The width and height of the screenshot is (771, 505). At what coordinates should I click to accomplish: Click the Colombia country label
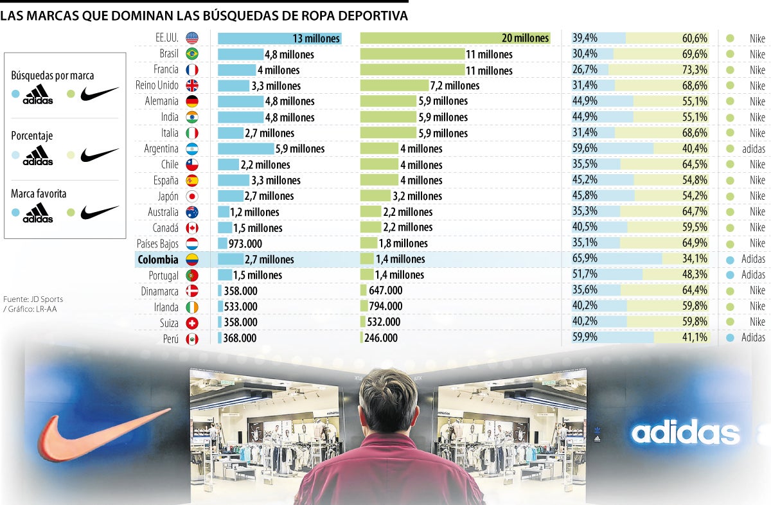tap(157, 260)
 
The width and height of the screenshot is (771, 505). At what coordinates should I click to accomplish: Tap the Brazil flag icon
tap(191, 54)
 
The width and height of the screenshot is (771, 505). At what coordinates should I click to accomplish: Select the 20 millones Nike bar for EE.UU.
tap(455, 39)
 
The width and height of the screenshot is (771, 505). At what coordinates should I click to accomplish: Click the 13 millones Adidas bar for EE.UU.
tap(279, 39)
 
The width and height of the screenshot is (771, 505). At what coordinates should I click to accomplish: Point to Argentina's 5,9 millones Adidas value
tap(300, 149)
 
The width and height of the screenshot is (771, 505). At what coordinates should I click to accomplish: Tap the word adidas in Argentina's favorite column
tap(753, 149)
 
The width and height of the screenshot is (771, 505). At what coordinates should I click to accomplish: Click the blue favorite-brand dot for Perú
tap(730, 338)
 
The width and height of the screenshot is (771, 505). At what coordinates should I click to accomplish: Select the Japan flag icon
tap(191, 197)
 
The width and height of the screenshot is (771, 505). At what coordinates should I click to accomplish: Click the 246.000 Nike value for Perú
tap(381, 338)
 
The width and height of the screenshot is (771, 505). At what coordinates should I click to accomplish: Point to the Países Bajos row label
tap(157, 244)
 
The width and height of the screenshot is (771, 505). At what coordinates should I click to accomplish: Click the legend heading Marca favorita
tap(39, 193)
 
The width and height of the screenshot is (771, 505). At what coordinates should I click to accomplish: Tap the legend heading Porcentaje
tap(31, 136)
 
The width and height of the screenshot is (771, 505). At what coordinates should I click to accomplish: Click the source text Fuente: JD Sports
tap(33, 299)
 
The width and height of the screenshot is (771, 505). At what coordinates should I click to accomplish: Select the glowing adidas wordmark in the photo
tap(685, 433)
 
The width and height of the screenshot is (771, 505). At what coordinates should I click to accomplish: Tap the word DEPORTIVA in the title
tap(369, 15)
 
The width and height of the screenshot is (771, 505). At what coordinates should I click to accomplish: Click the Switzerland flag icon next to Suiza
tap(191, 323)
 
